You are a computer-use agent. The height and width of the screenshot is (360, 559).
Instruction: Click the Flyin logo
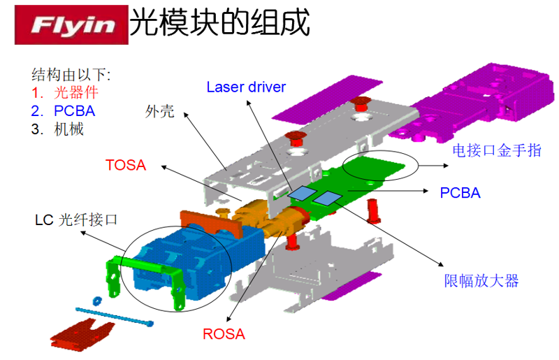point(71,24)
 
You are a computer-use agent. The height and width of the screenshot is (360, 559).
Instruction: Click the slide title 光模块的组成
point(219,23)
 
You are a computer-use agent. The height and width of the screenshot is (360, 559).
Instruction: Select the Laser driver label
point(246,87)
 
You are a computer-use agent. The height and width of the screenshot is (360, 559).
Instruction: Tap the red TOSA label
point(126,165)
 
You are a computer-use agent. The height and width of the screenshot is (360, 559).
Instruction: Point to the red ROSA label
point(224,334)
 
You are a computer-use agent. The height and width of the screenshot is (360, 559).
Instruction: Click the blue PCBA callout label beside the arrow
point(460,193)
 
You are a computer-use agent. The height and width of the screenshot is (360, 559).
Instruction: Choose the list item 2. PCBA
point(63,111)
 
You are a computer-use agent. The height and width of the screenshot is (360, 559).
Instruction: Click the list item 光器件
point(76,93)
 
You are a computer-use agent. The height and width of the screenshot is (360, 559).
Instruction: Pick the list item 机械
point(68,129)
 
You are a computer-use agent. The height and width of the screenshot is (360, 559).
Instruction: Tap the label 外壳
point(160,111)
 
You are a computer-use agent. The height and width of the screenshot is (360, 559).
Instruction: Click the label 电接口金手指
point(497,150)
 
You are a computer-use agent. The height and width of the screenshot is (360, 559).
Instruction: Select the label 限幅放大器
point(481,281)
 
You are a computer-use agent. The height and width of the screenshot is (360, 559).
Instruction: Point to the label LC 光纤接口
point(76,219)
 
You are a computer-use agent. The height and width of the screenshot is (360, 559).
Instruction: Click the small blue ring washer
point(96,301)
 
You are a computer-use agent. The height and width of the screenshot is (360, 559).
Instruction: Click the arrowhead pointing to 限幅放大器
point(441,264)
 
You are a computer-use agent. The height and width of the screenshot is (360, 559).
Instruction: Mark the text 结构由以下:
point(71,75)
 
